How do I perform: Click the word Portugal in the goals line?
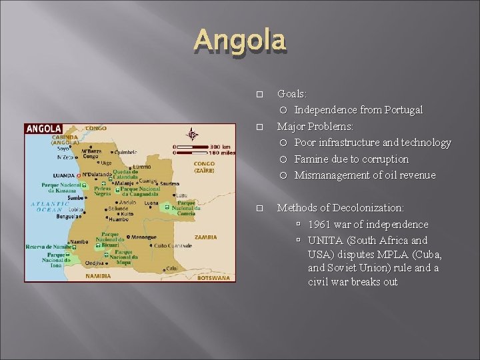point(402,110)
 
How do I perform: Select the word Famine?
point(311,159)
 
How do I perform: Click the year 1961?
point(320,225)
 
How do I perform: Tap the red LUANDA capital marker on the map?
point(79,175)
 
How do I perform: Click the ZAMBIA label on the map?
point(206,237)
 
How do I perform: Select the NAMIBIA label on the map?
point(99,275)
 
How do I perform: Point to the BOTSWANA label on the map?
point(213,277)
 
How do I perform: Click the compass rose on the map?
point(192,133)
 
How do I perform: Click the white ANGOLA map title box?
point(44,129)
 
